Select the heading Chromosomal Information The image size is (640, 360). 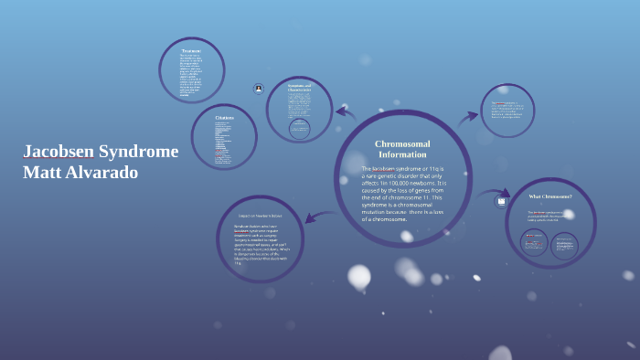[x=402, y=149]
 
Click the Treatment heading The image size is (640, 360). [x=191, y=50]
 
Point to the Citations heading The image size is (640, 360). [x=224, y=118]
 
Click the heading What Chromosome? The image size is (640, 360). [x=550, y=196]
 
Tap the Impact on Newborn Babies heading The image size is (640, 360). [x=260, y=216]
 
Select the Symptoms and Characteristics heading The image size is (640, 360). [x=300, y=88]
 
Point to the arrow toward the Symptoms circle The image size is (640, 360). [x=345, y=113]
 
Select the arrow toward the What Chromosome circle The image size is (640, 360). [x=490, y=194]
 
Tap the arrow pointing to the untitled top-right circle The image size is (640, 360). [x=468, y=116]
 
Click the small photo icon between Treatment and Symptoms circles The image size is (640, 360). [x=260, y=89]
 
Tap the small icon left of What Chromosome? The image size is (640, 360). [x=501, y=201]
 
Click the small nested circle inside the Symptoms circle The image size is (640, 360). [x=299, y=128]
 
